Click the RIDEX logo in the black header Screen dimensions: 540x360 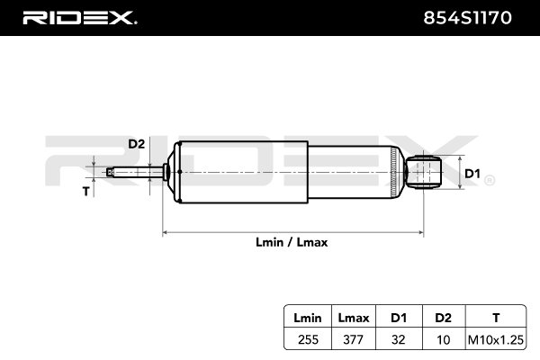coord(79,18)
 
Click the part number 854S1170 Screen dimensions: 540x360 coord(467,18)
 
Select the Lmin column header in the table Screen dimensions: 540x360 coord(308,318)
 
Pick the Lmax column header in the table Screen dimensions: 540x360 coord(354,318)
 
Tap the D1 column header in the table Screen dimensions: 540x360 coord(399,318)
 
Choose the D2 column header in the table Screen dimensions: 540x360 coord(443,318)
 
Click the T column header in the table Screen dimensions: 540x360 coord(496,318)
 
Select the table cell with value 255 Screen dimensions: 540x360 coord(308,339)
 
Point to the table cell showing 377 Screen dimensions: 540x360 coord(354,339)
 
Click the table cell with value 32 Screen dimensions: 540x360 coord(398,339)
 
